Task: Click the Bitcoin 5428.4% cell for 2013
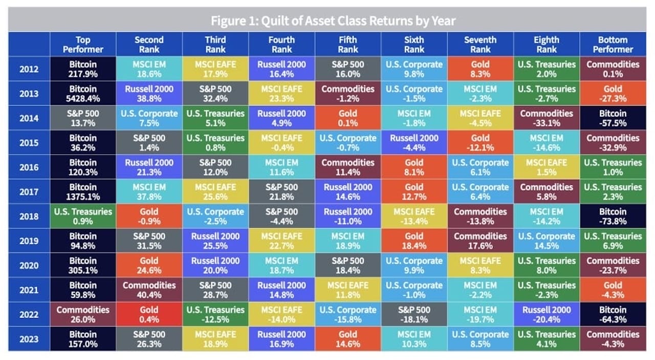[x=83, y=93]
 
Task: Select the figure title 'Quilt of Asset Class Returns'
[x=333, y=21]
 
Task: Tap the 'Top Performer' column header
[x=83, y=45]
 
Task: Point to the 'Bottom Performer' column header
[x=613, y=45]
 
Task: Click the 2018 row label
[x=29, y=216]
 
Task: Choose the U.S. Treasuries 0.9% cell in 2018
[x=83, y=216]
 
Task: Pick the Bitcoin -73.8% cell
[x=613, y=216]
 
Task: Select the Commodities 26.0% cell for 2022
[x=83, y=314]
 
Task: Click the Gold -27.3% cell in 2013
[x=613, y=93]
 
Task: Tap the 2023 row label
[x=29, y=339]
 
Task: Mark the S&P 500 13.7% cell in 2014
[x=83, y=118]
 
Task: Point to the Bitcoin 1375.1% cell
[x=83, y=192]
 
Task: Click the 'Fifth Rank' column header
[x=348, y=45]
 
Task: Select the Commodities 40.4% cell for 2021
[x=149, y=290]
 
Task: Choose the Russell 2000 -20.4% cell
[x=547, y=314]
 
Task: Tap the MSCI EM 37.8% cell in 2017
[x=149, y=192]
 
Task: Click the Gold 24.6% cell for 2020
[x=149, y=265]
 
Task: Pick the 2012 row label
[x=29, y=69]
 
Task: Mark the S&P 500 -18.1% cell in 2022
[x=414, y=314]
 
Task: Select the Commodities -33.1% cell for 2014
[x=547, y=118]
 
